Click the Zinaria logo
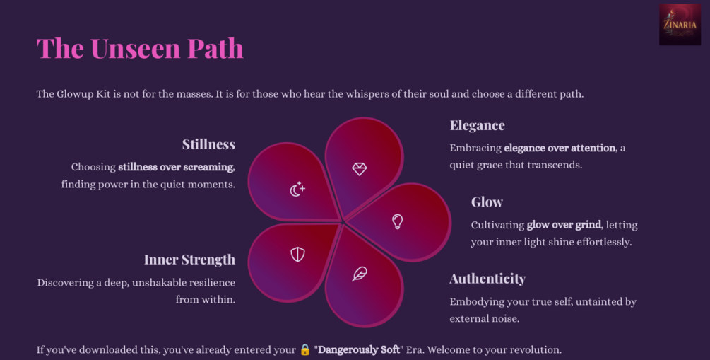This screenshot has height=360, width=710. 680,25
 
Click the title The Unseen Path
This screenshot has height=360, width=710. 140,48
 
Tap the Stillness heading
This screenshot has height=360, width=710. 208,144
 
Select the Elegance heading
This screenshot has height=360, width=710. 478,125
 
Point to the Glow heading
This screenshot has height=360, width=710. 487,202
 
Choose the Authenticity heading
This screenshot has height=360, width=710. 487,279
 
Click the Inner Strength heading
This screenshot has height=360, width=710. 190,260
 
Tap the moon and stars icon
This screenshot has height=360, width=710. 297,189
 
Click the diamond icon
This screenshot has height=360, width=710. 360,168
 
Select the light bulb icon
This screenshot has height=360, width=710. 397,221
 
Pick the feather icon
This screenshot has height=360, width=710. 360,274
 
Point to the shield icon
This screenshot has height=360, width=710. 297,255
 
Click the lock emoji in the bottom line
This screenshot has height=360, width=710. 305,349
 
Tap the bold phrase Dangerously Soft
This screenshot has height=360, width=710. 359,349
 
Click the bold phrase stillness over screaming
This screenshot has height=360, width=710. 176,167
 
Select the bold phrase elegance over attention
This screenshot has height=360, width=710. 560,148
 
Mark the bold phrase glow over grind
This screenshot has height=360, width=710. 564,224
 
